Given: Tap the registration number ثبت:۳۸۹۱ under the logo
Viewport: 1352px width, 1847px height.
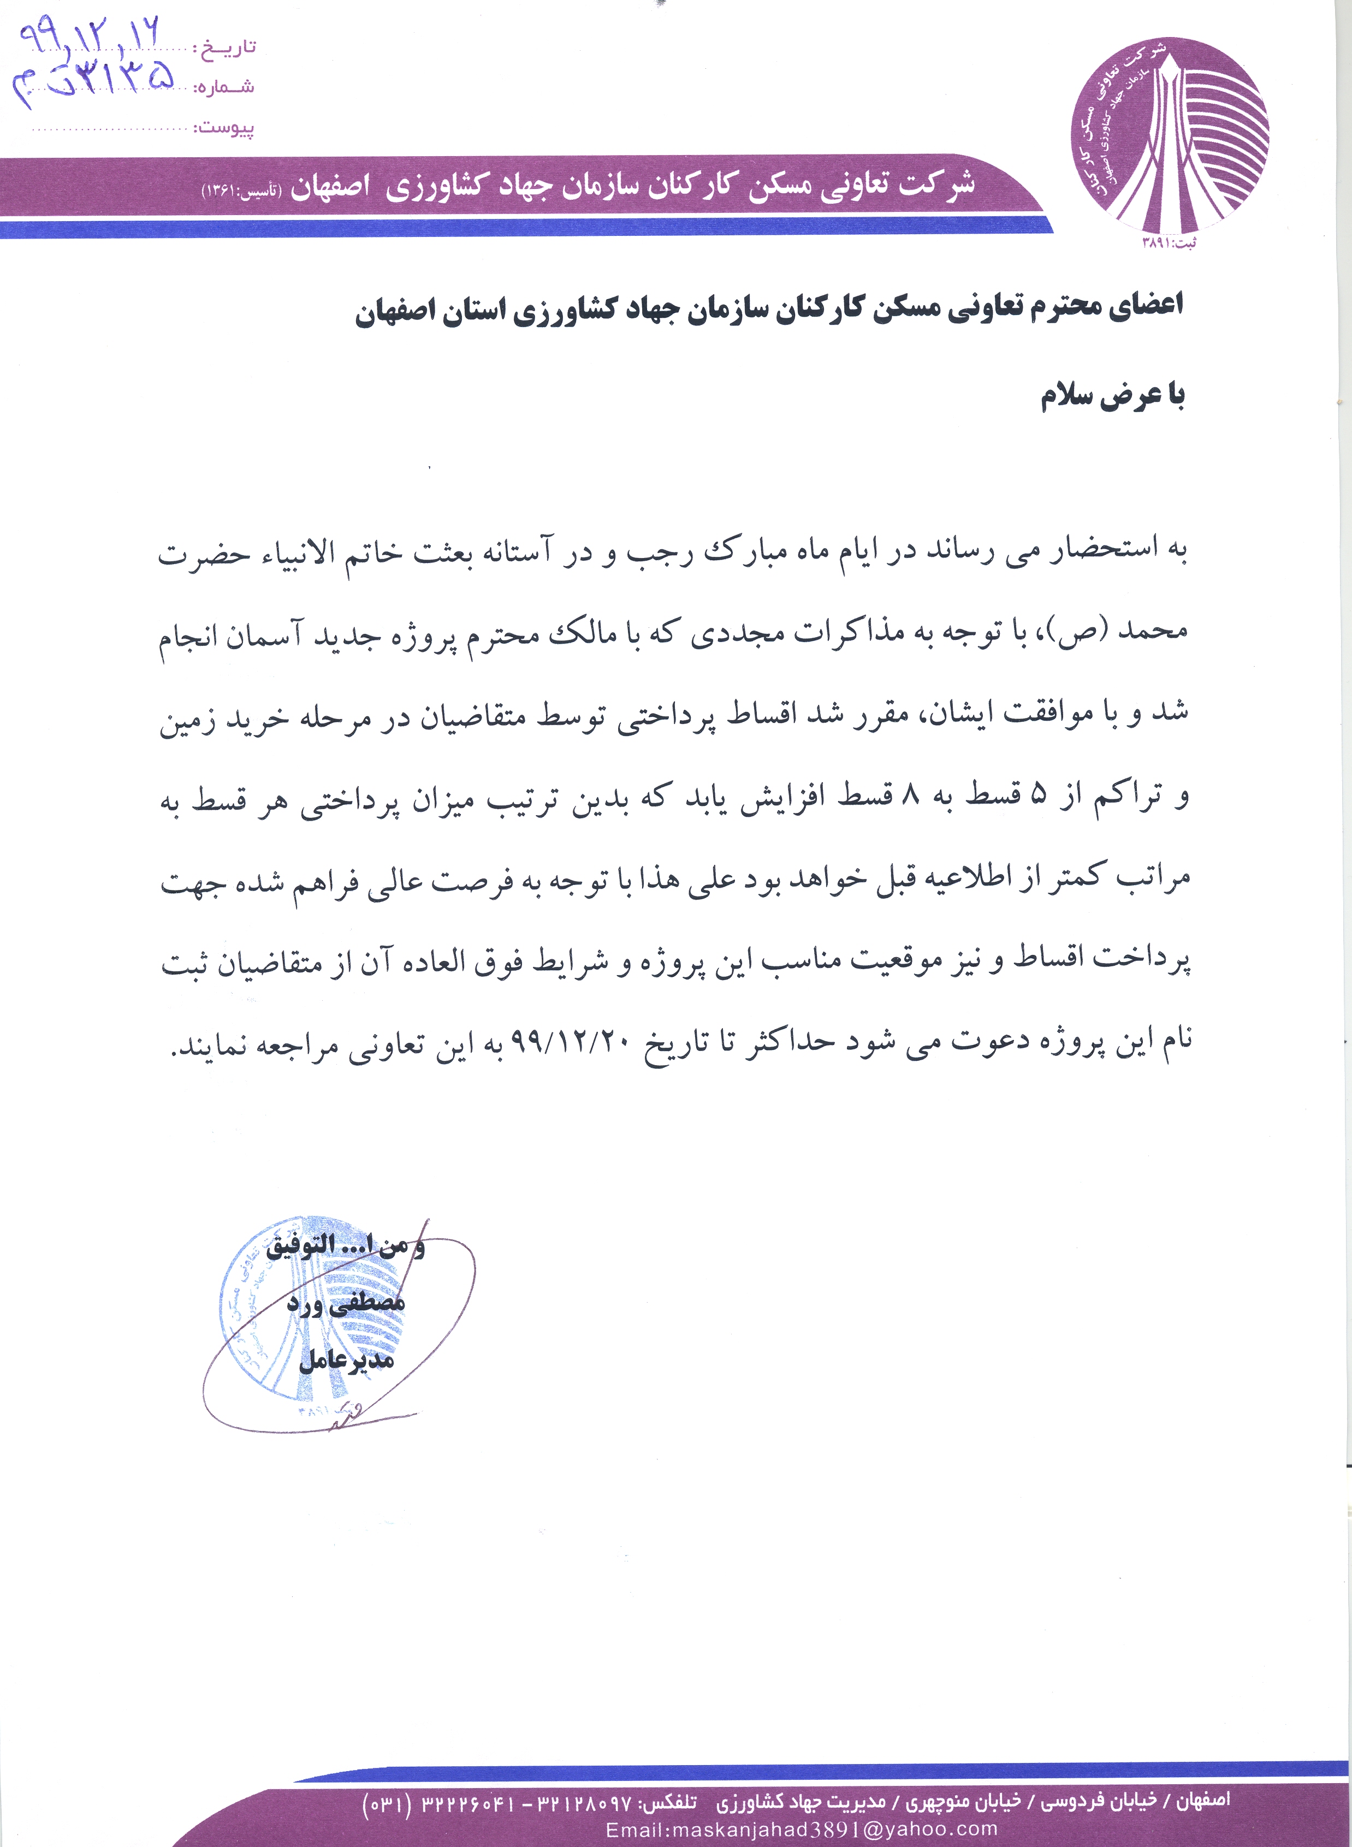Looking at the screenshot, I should [x=1168, y=243].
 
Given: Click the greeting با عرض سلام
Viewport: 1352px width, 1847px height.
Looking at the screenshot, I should [x=1112, y=397].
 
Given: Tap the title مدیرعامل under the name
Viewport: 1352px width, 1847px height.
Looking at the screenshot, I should [x=346, y=1360].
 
